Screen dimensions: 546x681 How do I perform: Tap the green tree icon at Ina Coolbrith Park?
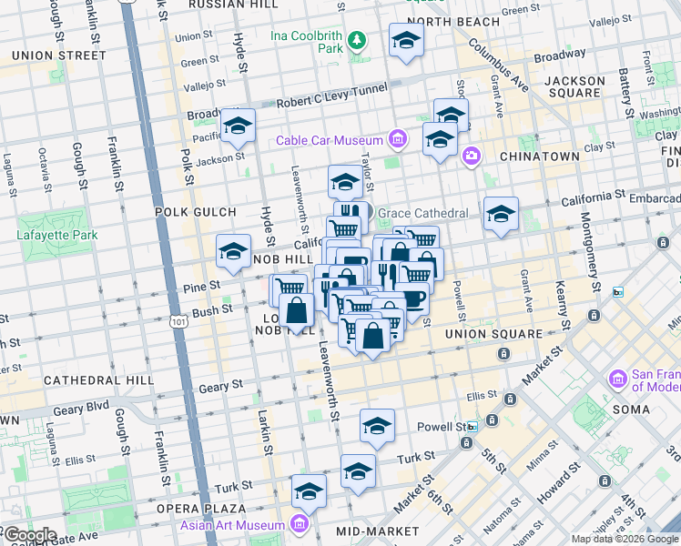point(359,39)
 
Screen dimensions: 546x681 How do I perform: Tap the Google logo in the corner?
point(30,535)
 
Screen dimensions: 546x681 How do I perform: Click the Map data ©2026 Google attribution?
point(625,539)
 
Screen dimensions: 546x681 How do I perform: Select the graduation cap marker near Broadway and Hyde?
point(238,126)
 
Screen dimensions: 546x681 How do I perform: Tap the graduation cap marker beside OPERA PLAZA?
point(310,491)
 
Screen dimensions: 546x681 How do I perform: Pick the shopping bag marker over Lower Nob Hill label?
point(298,312)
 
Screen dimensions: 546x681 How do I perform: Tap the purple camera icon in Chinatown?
point(471,156)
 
